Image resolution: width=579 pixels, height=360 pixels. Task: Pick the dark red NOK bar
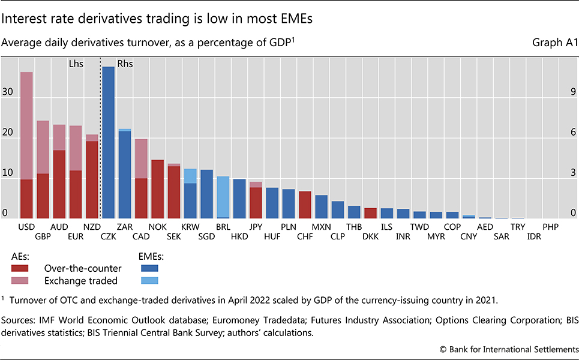point(157,189)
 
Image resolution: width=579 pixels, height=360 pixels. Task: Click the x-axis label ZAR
point(125,227)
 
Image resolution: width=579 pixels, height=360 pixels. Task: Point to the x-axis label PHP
point(550,227)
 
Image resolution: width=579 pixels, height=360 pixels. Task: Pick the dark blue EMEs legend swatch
point(149,268)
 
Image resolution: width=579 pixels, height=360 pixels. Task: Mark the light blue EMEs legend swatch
point(149,280)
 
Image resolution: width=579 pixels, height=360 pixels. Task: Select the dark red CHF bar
point(304,205)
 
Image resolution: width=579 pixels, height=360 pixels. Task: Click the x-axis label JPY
point(256,227)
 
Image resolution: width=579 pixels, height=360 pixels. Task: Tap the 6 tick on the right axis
point(573,133)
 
